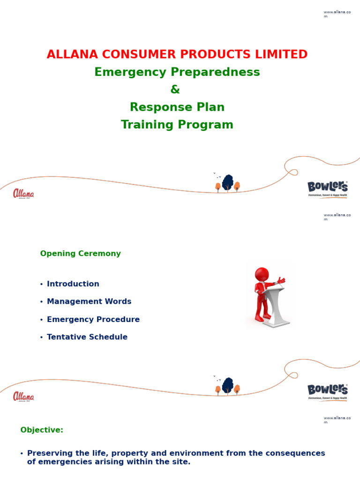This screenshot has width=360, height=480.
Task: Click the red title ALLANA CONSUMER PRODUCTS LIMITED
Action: pos(177,54)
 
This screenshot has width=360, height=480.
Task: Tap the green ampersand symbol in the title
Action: pos(175,90)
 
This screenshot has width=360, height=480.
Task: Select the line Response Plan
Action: pos(177,107)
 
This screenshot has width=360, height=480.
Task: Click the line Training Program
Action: pos(177,125)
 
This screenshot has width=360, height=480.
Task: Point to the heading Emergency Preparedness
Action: pos(177,72)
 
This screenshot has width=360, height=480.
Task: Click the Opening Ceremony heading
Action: pos(80,254)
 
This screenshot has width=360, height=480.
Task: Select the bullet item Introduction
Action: pos(73,284)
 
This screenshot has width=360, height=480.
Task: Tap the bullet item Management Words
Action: pos(89,302)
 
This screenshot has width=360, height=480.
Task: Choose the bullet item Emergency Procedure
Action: pos(93,320)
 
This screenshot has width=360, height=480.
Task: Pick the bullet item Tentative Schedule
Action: pos(87,337)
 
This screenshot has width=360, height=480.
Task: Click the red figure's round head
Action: pos(262,274)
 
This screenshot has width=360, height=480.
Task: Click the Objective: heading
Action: pos(42,430)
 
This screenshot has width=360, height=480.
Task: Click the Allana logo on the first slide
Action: pos(23,194)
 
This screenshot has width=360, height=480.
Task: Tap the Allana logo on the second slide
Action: pos(23,397)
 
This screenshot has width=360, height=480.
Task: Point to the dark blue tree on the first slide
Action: pos(228,182)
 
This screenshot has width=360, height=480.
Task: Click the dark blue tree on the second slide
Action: pos(228,385)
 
